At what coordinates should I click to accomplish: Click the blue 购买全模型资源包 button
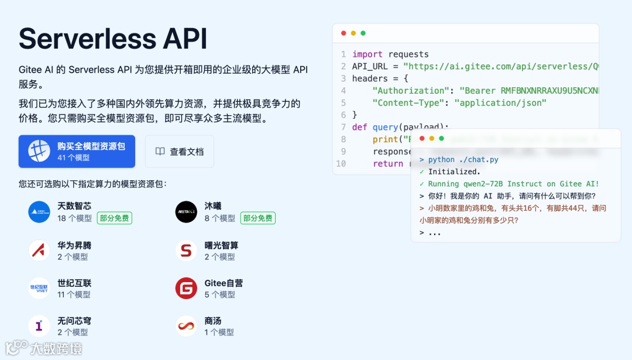click(x=77, y=152)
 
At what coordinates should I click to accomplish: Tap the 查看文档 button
click(x=179, y=152)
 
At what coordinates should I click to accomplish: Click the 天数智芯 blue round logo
click(x=39, y=212)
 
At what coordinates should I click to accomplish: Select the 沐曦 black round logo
click(x=186, y=212)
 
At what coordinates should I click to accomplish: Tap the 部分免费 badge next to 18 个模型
click(x=115, y=218)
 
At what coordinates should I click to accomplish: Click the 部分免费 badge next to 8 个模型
click(x=258, y=218)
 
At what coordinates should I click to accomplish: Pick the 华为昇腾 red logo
click(x=39, y=251)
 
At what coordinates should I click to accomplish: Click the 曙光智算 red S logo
click(x=186, y=251)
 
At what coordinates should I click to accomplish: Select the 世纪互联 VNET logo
click(x=39, y=288)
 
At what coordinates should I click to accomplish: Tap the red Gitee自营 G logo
click(x=186, y=288)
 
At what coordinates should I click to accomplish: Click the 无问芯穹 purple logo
click(x=39, y=326)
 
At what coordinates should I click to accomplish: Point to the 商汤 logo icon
click(x=186, y=326)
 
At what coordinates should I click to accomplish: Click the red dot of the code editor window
click(x=344, y=33)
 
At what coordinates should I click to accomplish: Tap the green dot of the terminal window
click(x=441, y=139)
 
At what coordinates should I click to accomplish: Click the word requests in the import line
click(x=408, y=54)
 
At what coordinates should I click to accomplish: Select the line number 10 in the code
click(x=341, y=163)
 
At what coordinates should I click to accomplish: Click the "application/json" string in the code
click(x=502, y=102)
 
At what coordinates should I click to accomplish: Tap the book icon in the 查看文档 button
click(x=160, y=152)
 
